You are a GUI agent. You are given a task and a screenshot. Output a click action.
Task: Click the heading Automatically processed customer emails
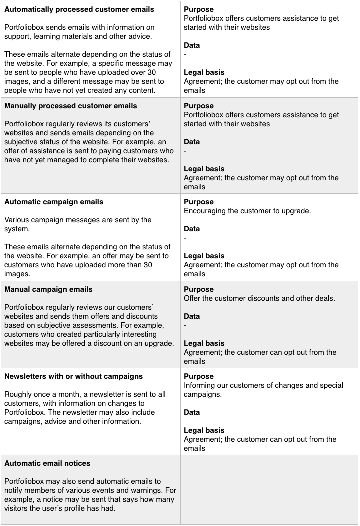pyautogui.click(x=79, y=9)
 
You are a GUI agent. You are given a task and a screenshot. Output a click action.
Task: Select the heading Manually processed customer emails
pyautogui.click(x=70, y=106)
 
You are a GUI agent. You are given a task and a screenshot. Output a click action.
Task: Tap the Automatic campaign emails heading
pyautogui.click(x=54, y=202)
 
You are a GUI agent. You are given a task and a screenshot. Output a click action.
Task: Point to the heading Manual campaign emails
pyautogui.click(x=48, y=289)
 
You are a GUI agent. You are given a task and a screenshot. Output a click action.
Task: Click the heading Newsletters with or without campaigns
pyautogui.click(x=73, y=376)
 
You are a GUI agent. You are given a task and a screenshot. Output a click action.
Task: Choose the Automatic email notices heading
pyautogui.click(x=47, y=463)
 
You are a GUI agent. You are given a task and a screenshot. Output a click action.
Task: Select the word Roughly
pyautogui.click(x=19, y=394)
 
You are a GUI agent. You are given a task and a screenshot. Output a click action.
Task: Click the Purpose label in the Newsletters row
pyautogui.click(x=199, y=376)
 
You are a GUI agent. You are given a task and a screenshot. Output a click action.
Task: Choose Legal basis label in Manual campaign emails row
pyautogui.click(x=204, y=343)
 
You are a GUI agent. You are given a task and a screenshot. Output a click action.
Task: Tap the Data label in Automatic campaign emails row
pyautogui.click(x=192, y=229)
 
